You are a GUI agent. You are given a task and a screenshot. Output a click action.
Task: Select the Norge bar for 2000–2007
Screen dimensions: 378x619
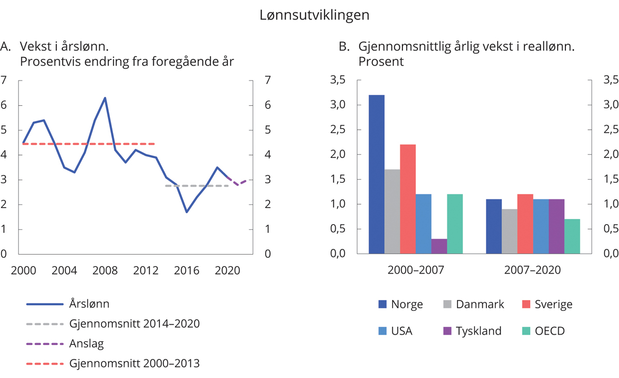(x=377, y=175)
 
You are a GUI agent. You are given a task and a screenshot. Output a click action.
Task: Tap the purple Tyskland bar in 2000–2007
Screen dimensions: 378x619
(x=439, y=246)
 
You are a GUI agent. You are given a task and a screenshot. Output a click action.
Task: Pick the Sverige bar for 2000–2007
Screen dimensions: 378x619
(x=408, y=199)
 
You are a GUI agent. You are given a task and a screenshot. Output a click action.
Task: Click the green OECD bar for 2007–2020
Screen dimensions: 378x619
(x=572, y=237)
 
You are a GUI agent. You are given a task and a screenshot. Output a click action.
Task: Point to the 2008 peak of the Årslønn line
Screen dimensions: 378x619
(x=105, y=98)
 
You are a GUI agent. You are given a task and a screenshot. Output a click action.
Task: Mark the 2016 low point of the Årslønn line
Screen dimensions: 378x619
(x=187, y=212)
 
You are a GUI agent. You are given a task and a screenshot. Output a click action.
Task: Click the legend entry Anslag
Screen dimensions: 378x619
(x=86, y=343)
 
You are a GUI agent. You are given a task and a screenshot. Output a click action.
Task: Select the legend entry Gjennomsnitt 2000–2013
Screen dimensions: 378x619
(x=134, y=363)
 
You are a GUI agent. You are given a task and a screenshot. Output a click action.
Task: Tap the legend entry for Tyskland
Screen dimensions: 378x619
(x=478, y=331)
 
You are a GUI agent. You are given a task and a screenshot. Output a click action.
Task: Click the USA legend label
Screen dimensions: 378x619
(x=402, y=331)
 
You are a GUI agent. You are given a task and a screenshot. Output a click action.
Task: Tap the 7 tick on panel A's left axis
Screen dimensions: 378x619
(x=4, y=81)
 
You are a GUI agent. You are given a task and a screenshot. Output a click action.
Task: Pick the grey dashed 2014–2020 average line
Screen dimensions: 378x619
(x=196, y=185)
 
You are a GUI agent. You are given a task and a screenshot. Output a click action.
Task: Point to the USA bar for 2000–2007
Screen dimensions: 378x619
(x=423, y=224)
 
